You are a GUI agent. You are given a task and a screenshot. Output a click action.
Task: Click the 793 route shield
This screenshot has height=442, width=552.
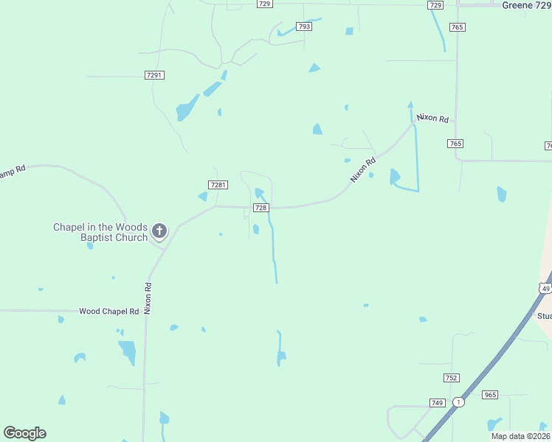pyautogui.click(x=304, y=27)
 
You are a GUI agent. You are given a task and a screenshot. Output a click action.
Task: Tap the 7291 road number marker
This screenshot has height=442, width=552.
pyautogui.click(x=154, y=75)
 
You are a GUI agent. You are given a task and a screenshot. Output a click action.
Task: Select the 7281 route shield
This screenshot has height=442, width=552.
pyautogui.click(x=218, y=185)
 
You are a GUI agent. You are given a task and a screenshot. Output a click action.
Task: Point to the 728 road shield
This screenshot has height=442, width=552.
pyautogui.click(x=261, y=208)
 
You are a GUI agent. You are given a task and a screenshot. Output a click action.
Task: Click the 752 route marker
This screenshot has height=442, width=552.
pyautogui.click(x=452, y=378)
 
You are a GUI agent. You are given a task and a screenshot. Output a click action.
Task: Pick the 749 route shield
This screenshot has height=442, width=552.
pyautogui.click(x=437, y=403)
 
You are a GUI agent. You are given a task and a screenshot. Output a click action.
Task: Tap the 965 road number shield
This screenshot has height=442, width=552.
pyautogui.click(x=490, y=395)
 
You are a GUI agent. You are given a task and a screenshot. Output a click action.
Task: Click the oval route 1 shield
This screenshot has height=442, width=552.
pyautogui.click(x=458, y=402)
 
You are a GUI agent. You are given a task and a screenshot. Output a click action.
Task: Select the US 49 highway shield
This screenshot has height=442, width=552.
pyautogui.click(x=545, y=288)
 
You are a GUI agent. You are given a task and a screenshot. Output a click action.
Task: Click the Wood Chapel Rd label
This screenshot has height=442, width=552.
pyautogui.click(x=109, y=312)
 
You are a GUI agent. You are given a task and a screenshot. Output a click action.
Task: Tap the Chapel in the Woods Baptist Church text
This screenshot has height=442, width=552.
pyautogui.click(x=100, y=232)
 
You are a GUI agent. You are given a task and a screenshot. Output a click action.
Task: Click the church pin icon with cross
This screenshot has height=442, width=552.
pyautogui.click(x=159, y=232)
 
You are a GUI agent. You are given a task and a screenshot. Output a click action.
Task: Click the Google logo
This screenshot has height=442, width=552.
pyautogui.click(x=24, y=433)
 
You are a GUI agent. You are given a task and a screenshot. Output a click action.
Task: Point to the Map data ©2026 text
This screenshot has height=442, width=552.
pyautogui.click(x=521, y=436)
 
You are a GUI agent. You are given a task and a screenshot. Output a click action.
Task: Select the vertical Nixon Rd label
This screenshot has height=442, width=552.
pyautogui.click(x=148, y=298)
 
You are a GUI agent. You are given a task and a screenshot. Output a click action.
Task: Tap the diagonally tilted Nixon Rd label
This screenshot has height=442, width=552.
pyautogui.click(x=363, y=169)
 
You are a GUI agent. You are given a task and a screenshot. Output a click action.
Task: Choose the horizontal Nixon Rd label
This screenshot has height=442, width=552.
pyautogui.click(x=432, y=118)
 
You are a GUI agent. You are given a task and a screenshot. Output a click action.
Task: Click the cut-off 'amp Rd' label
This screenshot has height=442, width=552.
pyautogui.click(x=13, y=170)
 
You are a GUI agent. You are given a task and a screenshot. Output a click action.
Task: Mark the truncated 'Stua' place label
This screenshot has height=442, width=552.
pyautogui.click(x=545, y=316)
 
